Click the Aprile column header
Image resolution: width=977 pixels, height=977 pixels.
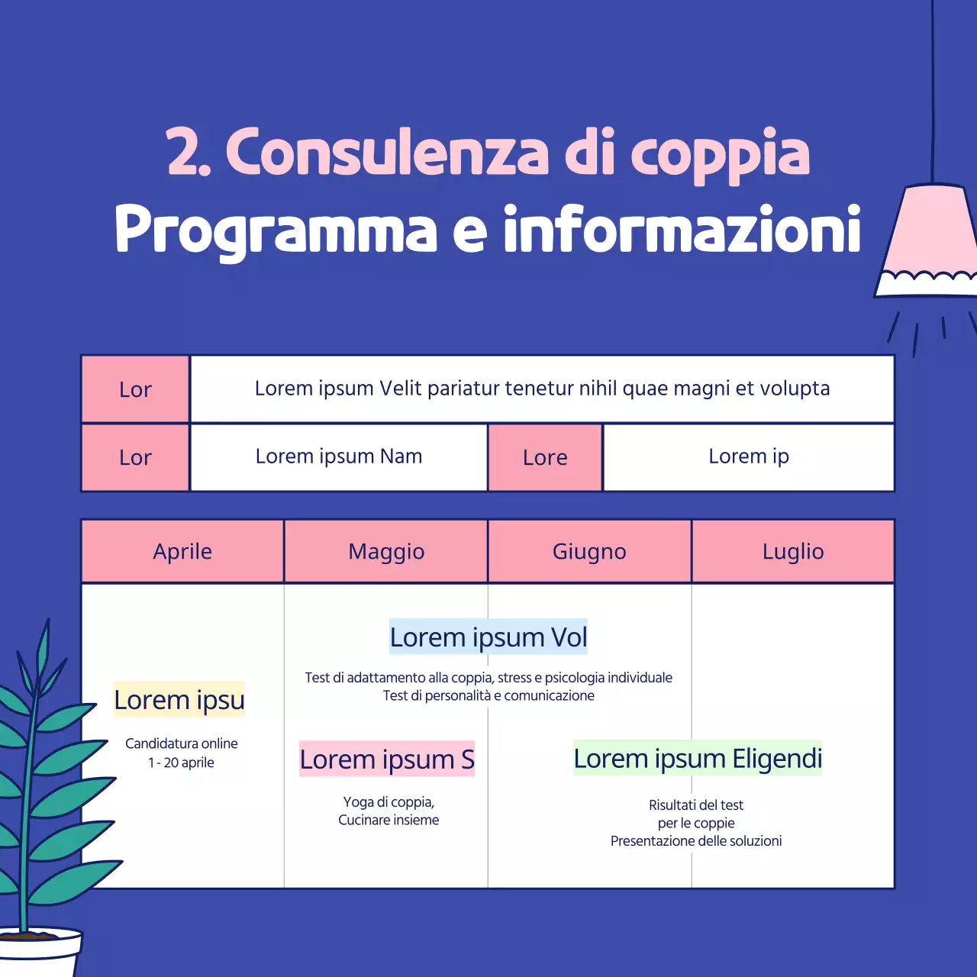coord(182,551)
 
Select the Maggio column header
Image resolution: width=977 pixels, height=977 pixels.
coord(386,551)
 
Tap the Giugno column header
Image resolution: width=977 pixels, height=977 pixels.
coord(589,551)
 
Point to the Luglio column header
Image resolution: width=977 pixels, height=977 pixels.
coord(793,551)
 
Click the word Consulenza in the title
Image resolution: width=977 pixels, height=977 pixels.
coord(387,153)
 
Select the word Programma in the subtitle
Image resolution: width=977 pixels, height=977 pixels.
coord(276,230)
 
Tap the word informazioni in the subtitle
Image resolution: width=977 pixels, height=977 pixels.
coord(682,228)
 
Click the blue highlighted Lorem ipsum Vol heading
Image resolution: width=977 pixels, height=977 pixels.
coord(488,637)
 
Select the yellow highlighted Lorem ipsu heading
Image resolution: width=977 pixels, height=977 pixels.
coord(179,699)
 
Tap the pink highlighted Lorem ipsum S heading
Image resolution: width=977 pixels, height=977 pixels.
coord(387,759)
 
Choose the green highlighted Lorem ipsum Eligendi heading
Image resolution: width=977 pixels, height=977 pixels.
coord(698,759)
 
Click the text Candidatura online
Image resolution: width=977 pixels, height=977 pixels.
coord(182,743)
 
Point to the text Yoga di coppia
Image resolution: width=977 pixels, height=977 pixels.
coord(389,802)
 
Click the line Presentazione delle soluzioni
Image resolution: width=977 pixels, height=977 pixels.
coord(696,841)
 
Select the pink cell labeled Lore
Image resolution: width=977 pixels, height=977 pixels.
coord(545,457)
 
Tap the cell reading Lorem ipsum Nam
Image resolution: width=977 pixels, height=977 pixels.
coord(339,456)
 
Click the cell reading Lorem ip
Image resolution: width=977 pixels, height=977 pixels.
coord(749,456)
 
